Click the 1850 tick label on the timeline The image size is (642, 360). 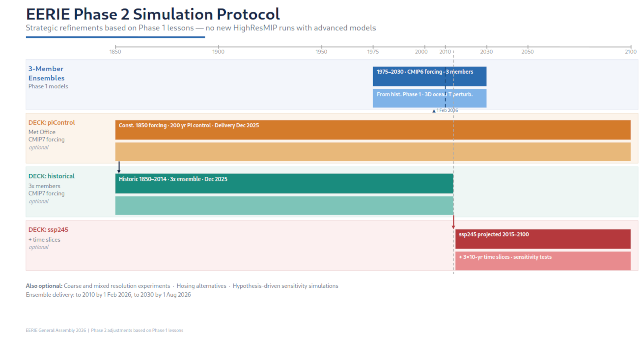pos(115,52)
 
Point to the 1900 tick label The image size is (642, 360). pos(218,52)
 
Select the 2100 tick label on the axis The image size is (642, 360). pos(630,52)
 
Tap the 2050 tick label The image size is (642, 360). pos(527,52)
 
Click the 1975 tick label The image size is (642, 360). pos(373,52)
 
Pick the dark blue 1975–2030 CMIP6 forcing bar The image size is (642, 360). pos(429,76)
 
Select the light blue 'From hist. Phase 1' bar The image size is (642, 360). pos(429,98)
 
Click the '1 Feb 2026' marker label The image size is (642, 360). pos(447,110)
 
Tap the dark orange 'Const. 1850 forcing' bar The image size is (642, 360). pos(372,130)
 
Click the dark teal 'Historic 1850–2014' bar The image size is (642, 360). pos(284,184)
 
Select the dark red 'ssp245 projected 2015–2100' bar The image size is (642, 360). pos(543,239)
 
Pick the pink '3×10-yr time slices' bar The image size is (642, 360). pos(543,261)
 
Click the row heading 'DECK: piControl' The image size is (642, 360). pos(51,123)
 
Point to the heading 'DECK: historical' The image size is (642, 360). pos(51,176)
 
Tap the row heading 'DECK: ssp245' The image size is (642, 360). pos(48,230)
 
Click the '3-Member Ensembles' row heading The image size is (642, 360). pos(46,73)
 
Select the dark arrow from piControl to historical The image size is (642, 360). pos(119,167)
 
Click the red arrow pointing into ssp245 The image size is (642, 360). pos(453,222)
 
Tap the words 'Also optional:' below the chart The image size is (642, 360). pos(44,286)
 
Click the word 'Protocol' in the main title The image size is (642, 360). pos(248,14)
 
